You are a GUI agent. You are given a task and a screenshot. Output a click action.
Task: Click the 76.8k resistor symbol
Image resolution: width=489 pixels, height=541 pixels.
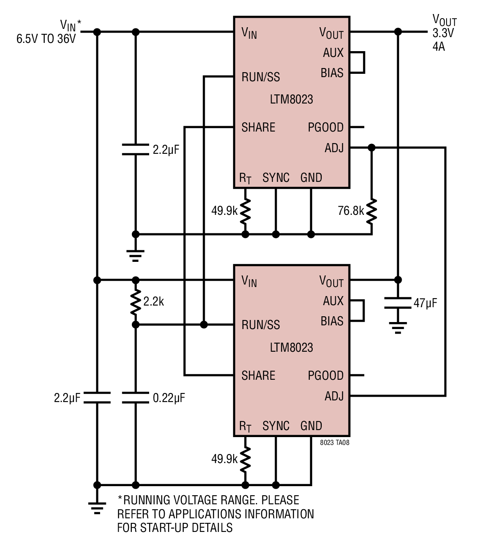pos(372,211)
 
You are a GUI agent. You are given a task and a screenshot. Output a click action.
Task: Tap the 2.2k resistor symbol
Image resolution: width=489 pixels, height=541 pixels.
pos(136,302)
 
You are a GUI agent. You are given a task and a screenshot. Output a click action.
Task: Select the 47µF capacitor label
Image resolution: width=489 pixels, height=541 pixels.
pos(425,303)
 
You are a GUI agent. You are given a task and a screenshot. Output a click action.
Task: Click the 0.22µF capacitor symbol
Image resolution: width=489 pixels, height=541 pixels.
pos(136,398)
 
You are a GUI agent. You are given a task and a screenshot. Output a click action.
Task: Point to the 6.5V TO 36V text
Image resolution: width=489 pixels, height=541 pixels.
pos(46,39)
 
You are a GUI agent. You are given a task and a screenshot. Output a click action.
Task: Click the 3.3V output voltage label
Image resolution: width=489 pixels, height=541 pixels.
pos(443,33)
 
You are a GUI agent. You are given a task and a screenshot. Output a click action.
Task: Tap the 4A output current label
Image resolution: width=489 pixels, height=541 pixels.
pos(439,47)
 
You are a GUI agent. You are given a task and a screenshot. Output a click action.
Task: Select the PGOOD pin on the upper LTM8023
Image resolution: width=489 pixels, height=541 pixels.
pos(325,127)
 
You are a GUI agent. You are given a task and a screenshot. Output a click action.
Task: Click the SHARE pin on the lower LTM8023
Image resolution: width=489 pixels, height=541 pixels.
pos(258,376)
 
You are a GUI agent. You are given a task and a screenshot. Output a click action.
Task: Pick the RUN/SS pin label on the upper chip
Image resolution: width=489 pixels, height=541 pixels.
pos(261,77)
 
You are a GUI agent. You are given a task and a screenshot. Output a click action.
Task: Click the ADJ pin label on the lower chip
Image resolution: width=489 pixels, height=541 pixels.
pos(334,396)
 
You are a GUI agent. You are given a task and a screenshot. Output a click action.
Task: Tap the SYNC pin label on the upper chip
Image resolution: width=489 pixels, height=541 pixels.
pos(276,178)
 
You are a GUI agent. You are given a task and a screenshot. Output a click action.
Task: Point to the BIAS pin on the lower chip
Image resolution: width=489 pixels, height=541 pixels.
pos(332,321)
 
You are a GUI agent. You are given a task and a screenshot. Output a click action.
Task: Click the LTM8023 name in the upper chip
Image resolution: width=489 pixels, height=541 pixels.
pos(291,99)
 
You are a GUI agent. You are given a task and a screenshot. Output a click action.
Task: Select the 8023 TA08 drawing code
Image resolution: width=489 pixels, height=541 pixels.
pos(335,443)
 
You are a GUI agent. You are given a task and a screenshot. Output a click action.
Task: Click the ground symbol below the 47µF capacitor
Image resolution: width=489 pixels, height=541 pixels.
pos(398,328)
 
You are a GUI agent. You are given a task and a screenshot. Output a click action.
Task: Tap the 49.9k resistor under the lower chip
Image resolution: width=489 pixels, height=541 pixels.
pos(245,459)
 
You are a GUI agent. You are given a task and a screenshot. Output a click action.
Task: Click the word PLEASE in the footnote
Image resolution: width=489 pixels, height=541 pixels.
pos(280,500)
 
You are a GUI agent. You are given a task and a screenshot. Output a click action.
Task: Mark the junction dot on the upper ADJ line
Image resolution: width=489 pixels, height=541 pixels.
pos(372,148)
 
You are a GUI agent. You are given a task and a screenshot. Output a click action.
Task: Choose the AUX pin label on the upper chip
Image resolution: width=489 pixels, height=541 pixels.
pos(333,53)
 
